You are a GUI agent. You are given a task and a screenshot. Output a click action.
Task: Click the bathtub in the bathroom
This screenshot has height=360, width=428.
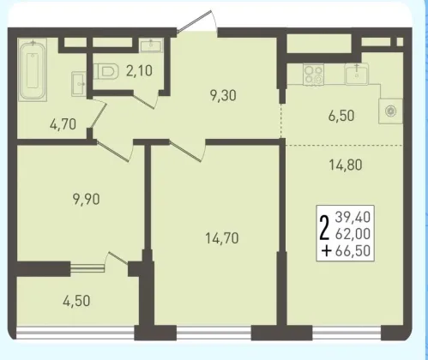click(x=33, y=70)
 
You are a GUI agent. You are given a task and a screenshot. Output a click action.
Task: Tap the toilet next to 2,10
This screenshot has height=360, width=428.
click(x=106, y=71)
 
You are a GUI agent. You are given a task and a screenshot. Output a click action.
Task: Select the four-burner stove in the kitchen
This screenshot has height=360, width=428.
click(x=314, y=75)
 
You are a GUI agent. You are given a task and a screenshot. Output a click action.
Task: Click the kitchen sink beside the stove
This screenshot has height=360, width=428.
click(x=357, y=74)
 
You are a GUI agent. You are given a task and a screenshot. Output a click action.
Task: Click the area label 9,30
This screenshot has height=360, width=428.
click(x=223, y=95)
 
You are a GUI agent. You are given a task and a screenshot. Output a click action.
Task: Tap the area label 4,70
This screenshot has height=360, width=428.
click(x=63, y=124)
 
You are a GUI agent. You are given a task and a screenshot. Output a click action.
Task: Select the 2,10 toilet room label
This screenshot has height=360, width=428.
click(x=139, y=70)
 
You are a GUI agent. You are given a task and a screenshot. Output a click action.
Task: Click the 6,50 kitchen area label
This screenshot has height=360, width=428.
click(x=341, y=116)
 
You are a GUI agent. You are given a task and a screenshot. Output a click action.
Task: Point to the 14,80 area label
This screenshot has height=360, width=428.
click(x=346, y=165)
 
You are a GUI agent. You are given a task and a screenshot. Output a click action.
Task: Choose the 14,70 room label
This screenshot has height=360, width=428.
click(x=222, y=238)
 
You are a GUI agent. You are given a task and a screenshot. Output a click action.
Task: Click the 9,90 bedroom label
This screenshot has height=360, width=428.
click(x=87, y=199)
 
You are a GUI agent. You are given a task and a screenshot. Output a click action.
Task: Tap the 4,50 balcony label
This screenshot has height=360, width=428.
click(x=76, y=301)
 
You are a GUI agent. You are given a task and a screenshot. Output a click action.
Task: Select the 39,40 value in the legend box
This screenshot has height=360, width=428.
click(x=353, y=217)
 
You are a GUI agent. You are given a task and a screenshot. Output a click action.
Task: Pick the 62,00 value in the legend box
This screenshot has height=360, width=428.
click(x=353, y=234)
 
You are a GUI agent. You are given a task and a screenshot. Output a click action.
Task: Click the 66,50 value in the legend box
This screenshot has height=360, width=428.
click(x=353, y=251)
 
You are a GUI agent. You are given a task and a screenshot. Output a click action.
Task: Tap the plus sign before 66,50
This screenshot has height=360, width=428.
click(x=326, y=251)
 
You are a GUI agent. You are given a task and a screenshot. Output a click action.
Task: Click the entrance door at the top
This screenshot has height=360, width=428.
click(x=198, y=21)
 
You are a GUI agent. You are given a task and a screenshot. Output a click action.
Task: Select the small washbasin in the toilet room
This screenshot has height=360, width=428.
click(x=151, y=45)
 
